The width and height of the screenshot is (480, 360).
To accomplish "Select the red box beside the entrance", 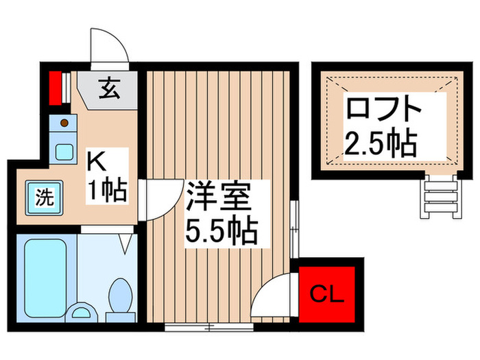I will click(x=56, y=86).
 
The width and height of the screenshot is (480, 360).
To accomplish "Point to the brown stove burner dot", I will click(x=64, y=123).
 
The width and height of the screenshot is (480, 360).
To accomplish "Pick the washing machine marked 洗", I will click(x=43, y=198).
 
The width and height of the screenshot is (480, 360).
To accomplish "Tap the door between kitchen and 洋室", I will click(x=156, y=199).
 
